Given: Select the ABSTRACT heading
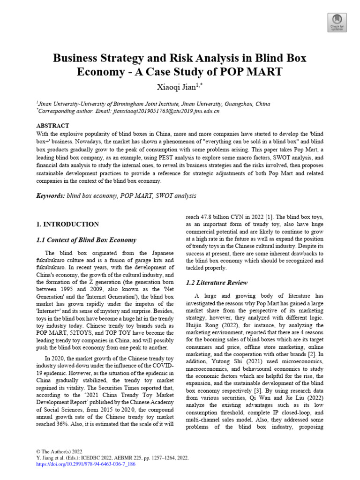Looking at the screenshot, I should point(52,126).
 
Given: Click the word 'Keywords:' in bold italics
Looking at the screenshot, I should point(51,195).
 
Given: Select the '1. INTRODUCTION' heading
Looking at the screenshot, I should point(67,224).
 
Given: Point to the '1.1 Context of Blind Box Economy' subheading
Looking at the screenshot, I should point(86,240).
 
